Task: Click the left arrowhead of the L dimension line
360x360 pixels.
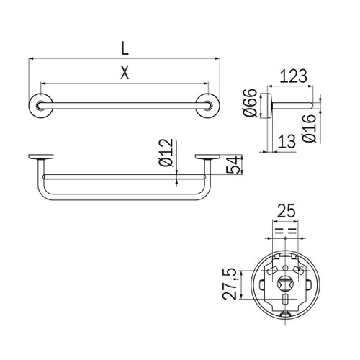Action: point(31,59)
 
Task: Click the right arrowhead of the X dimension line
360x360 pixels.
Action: point(207,83)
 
